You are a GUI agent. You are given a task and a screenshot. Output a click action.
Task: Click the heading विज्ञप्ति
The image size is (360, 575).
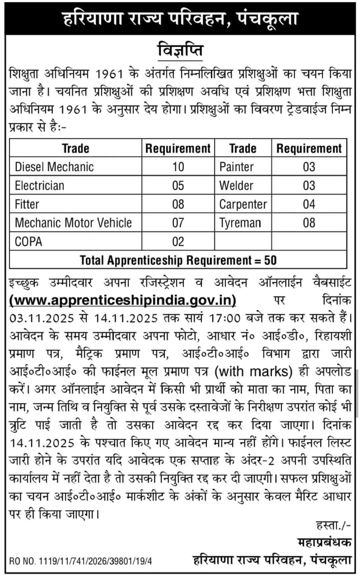click(x=180, y=51)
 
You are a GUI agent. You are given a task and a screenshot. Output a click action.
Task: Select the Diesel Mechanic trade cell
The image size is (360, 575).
click(x=54, y=167)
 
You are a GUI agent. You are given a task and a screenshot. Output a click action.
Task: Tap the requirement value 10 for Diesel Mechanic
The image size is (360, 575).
click(x=178, y=167)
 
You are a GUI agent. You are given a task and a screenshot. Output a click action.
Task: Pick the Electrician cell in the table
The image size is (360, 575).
click(x=40, y=185)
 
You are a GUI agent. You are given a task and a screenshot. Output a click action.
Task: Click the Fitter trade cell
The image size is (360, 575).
click(x=27, y=204)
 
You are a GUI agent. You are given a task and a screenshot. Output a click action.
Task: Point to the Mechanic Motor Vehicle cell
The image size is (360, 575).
click(x=73, y=223)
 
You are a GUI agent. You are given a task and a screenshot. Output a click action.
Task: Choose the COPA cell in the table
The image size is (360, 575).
click(x=29, y=241)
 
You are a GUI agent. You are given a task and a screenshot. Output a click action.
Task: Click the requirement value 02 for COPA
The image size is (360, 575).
click(x=178, y=241)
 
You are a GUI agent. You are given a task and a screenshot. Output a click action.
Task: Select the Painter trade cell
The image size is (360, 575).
click(x=236, y=167)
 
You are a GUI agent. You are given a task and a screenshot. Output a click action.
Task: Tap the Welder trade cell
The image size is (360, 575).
click(x=236, y=185)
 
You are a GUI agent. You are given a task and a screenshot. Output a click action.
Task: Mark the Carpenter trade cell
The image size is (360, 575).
click(x=243, y=204)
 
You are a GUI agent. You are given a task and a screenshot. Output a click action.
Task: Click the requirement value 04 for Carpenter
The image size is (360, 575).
click(x=309, y=204)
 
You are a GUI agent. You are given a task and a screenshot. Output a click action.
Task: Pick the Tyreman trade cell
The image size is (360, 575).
click(x=240, y=223)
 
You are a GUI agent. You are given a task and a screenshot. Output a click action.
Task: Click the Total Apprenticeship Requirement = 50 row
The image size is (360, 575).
click(x=178, y=260)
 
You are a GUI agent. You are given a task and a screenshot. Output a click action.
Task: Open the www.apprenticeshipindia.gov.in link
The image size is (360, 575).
click(x=123, y=300)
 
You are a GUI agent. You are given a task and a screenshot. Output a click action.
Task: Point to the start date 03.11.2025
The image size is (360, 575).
click(x=42, y=318)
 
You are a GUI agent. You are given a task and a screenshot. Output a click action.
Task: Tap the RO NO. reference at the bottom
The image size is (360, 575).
click(x=80, y=561)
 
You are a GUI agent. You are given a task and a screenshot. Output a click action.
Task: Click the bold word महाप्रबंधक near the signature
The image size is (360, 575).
click(x=324, y=542)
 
